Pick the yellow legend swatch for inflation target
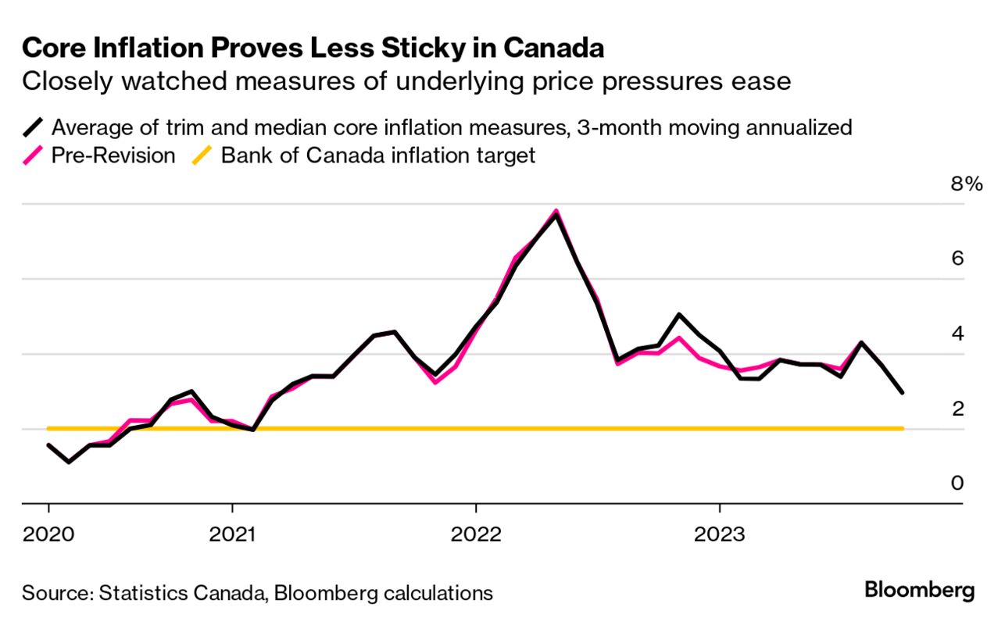coord(202,155)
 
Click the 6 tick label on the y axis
coord(958,259)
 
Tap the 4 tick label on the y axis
coord(958,334)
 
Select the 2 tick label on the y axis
coord(958,409)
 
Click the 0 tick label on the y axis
coord(958,484)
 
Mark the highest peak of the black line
coord(556,214)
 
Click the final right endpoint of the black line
coord(903,392)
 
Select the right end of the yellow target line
coord(903,428)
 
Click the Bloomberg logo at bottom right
coord(920,590)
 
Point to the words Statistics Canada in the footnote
coord(181,593)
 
